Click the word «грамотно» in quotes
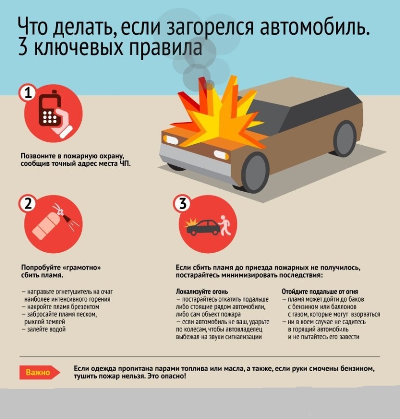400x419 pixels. tap(83, 268)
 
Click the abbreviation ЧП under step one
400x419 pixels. tap(125, 163)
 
